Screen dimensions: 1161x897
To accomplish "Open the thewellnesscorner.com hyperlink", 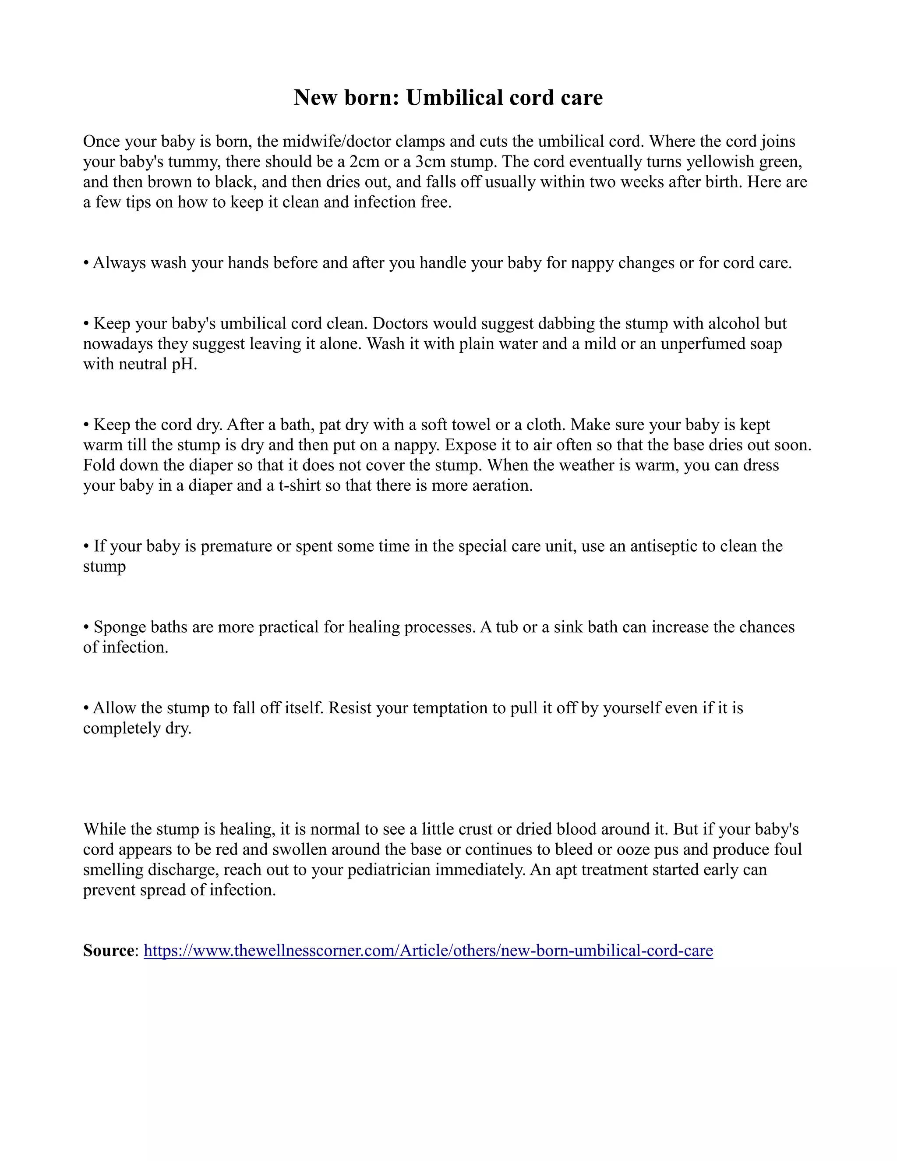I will click(x=428, y=951).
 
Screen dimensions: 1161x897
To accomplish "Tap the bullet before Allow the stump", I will click(x=86, y=708).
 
